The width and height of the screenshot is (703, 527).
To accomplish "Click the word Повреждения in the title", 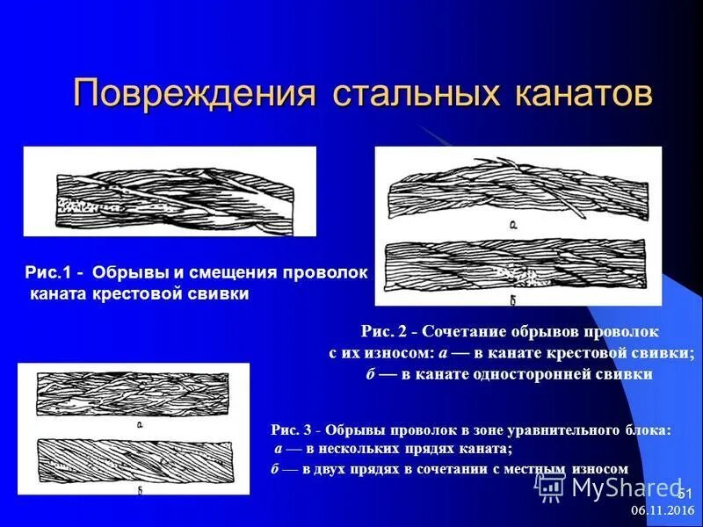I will [194, 93].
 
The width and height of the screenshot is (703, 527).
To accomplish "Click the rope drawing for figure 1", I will [169, 191].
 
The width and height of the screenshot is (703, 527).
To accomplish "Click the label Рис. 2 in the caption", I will [388, 332].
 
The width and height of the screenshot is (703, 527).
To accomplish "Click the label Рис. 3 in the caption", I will [294, 430].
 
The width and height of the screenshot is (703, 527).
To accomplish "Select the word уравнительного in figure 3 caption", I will [556, 430].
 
